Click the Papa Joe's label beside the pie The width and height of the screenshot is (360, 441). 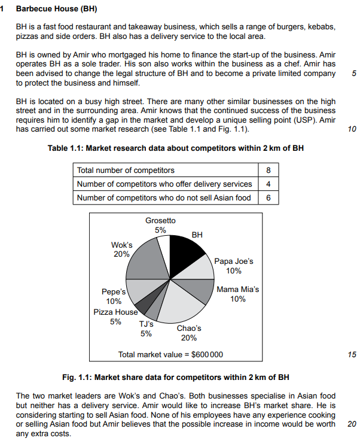pos(234,266)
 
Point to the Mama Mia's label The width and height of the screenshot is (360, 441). pos(237,294)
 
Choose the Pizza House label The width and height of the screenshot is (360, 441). pos(115,317)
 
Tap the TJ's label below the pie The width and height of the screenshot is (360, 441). pos(146,329)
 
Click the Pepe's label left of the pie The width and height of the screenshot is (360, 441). pos(113,296)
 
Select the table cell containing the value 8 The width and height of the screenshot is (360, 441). pos(268,171)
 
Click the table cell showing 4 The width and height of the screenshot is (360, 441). pos(268,184)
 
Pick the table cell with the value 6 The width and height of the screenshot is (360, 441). pos(268,197)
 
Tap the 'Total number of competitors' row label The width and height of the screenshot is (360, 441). pos(126,171)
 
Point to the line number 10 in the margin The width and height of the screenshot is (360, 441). pos(352,129)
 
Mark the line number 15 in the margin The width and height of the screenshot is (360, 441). pos(352,355)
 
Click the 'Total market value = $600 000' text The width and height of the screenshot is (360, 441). pos(170,354)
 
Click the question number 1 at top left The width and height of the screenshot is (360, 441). pos(4,10)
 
